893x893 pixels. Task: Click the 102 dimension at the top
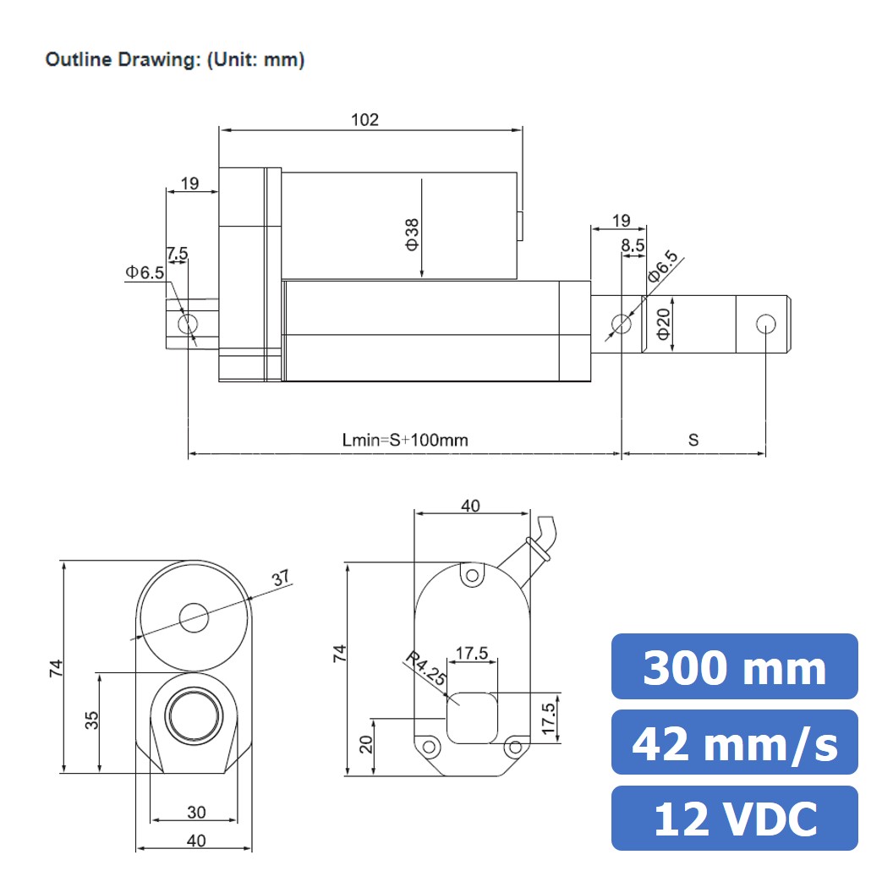[x=364, y=119]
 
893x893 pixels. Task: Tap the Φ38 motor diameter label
[x=412, y=233]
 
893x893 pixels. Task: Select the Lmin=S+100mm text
[x=405, y=440]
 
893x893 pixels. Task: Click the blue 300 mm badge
[x=734, y=667]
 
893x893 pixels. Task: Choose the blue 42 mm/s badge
[x=734, y=742]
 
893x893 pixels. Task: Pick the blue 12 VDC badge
[x=734, y=818]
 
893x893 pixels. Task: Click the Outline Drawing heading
[x=174, y=60]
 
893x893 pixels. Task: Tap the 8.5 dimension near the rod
[x=633, y=245]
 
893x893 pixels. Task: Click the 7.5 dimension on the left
[x=178, y=253]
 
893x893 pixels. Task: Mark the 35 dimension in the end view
[x=91, y=720]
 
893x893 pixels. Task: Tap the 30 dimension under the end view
[x=195, y=812]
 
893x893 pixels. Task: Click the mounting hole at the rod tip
[x=765, y=324]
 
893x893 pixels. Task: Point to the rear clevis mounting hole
[x=189, y=324]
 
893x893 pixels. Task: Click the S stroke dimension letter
[x=693, y=440]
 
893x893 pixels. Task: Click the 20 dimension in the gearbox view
[x=365, y=745]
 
